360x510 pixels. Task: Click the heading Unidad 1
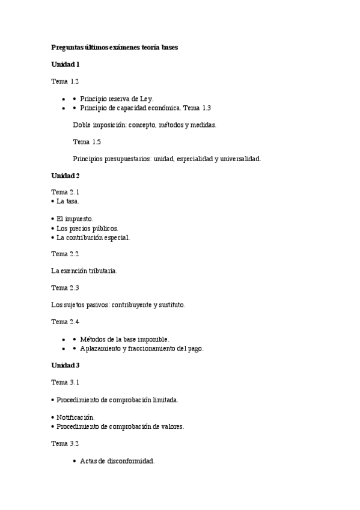(65, 64)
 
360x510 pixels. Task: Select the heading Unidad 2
(65, 176)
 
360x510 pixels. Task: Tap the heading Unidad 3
(65, 365)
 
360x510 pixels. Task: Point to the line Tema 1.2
(65, 81)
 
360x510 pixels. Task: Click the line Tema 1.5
(87, 142)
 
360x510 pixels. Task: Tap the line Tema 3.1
(65, 382)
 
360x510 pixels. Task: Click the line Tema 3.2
(65, 443)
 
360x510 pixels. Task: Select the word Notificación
(76, 417)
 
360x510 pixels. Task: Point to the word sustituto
(171, 305)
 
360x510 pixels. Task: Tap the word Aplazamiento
(100, 348)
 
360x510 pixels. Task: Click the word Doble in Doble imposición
(82, 125)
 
